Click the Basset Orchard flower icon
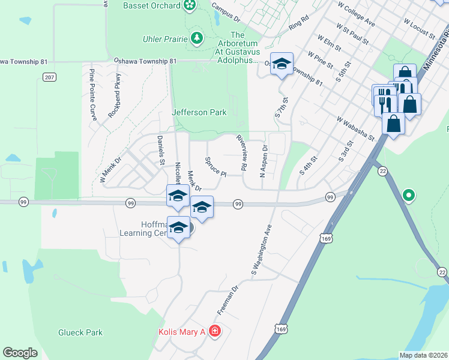click(x=190, y=5)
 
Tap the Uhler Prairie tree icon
click(x=196, y=39)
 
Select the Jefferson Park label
click(x=199, y=112)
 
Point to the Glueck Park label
click(x=80, y=332)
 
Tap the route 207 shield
click(x=49, y=77)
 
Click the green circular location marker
click(x=409, y=195)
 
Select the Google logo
click(x=20, y=352)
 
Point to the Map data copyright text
click(x=424, y=355)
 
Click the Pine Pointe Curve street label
click(x=92, y=95)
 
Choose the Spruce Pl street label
click(x=215, y=167)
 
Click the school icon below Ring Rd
click(x=280, y=64)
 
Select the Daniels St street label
click(x=160, y=150)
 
